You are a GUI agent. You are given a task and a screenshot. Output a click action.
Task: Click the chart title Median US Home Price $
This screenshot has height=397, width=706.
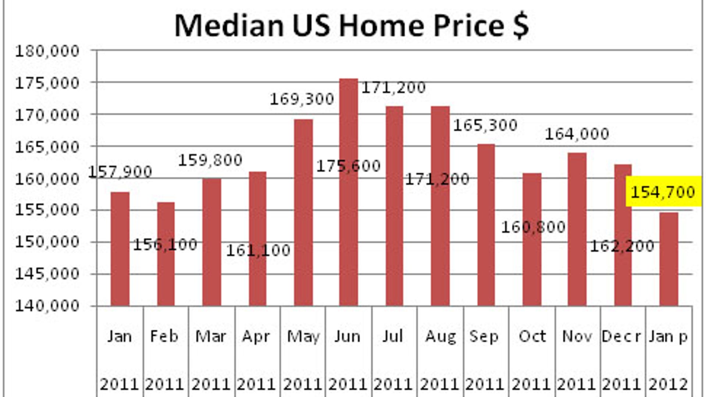pyautogui.click(x=351, y=26)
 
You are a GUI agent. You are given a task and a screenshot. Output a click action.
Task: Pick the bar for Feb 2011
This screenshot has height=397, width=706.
pyautogui.click(x=166, y=254)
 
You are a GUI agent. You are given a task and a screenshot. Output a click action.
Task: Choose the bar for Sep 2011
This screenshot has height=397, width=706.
pyautogui.click(x=486, y=225)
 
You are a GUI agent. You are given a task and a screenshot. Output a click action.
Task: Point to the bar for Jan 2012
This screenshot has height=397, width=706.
pyautogui.click(x=668, y=259)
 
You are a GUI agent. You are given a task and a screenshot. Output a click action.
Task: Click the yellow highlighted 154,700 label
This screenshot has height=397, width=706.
pyautogui.click(x=663, y=192)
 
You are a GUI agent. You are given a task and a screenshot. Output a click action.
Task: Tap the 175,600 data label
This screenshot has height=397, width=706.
pyautogui.click(x=348, y=166)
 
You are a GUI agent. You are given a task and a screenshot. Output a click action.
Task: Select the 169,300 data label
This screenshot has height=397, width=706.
pyautogui.click(x=302, y=99)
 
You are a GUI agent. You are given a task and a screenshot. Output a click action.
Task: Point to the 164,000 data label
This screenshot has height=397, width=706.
pyautogui.click(x=577, y=134)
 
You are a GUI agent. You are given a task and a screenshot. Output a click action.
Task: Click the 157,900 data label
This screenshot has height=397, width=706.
pyautogui.click(x=120, y=172)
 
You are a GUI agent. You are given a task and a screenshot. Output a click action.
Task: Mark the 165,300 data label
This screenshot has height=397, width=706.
pyautogui.click(x=485, y=125)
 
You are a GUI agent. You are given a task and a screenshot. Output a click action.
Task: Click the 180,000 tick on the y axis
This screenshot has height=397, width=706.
pyautogui.click(x=47, y=51)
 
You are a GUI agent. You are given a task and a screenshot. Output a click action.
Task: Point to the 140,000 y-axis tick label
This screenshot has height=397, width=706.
pyautogui.click(x=47, y=306)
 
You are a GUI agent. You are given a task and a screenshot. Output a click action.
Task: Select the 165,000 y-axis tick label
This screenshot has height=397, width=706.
pyautogui.click(x=47, y=147)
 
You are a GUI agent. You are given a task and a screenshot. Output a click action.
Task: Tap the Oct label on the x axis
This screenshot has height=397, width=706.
pyautogui.click(x=532, y=336)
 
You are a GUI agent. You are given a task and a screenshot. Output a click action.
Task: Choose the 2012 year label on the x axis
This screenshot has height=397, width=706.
pyautogui.click(x=668, y=385)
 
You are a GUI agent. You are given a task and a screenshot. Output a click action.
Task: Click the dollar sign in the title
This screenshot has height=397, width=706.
pyautogui.click(x=521, y=26)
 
